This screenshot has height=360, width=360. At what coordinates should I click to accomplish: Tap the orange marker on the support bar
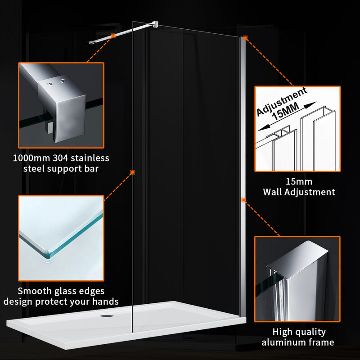(x=113, y=36)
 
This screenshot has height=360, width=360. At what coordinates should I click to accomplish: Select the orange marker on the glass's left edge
(x=132, y=172)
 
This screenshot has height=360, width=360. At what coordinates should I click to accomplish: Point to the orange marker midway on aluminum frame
(x=243, y=199)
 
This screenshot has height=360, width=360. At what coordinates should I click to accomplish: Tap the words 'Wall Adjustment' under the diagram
(x=299, y=192)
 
